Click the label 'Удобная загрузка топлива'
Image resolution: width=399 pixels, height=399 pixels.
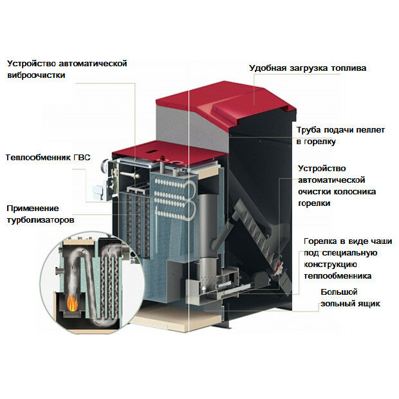tap(308, 68)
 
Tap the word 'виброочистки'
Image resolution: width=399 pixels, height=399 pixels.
tap(36, 75)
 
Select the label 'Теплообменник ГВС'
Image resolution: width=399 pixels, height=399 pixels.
tap(48, 157)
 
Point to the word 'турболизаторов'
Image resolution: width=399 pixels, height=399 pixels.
tap(41, 220)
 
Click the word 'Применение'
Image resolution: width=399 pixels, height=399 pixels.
tap(33, 209)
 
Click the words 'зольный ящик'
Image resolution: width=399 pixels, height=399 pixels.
tap(350, 304)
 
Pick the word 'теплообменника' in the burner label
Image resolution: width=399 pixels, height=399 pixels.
tap(338, 276)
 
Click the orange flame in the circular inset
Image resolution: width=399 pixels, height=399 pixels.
tap(73, 303)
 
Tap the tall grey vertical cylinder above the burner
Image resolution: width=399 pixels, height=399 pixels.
tap(207, 224)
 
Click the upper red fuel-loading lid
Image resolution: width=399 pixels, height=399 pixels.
tap(227, 102)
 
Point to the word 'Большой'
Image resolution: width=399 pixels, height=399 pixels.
tap(339, 292)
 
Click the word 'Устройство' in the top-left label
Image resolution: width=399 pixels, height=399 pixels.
tap(32, 63)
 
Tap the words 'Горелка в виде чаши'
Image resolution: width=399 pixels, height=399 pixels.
tap(348, 241)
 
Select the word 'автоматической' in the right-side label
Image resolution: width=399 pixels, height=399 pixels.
tap(331, 180)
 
